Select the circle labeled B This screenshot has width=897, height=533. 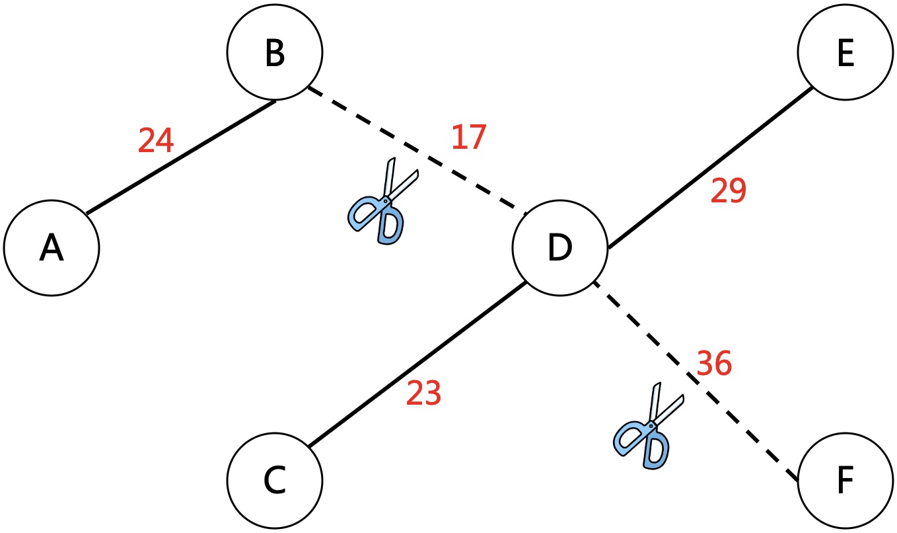274,53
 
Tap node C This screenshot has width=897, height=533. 274,481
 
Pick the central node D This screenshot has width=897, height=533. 560,248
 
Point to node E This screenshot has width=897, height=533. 845,53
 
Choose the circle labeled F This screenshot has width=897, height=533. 845,481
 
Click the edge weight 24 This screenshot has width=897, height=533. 156,140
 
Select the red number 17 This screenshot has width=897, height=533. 469,137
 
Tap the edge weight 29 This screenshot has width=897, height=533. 728,192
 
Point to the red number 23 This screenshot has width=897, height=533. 423,394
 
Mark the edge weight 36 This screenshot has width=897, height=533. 714,362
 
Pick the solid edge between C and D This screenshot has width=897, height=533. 416,364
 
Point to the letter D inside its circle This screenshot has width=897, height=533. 560,248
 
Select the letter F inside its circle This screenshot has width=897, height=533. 845,481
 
